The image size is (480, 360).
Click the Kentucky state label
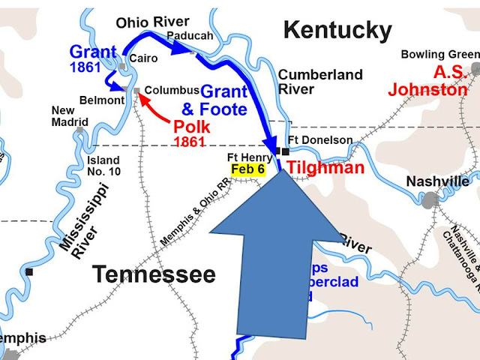pos(337,31)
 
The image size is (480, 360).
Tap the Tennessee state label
pos(154,274)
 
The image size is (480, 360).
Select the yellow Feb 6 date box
pos(247,169)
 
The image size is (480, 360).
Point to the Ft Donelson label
pos(319,139)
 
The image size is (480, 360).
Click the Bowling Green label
pos(439,54)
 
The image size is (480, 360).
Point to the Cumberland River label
pos(320,81)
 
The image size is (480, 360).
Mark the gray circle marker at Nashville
pos(430,200)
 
